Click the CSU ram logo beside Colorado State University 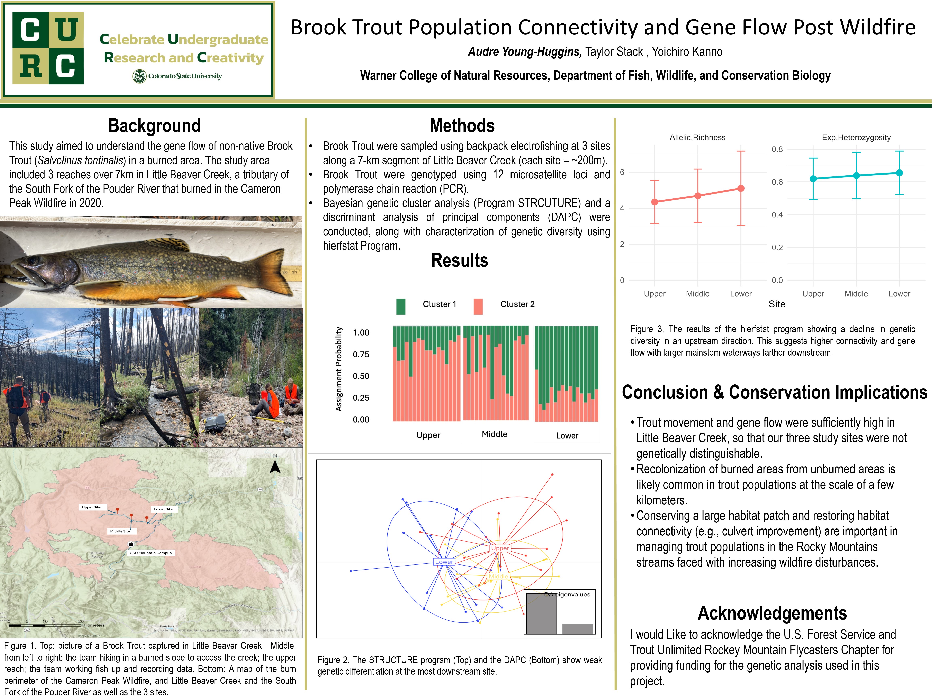(x=139, y=76)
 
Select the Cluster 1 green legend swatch (x=401, y=306)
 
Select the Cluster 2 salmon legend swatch (x=478, y=306)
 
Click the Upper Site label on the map (x=91, y=507)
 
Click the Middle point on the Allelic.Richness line (x=698, y=196)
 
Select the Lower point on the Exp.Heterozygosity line (x=899, y=173)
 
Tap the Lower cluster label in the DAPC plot (x=444, y=562)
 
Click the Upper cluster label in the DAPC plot (x=500, y=548)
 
